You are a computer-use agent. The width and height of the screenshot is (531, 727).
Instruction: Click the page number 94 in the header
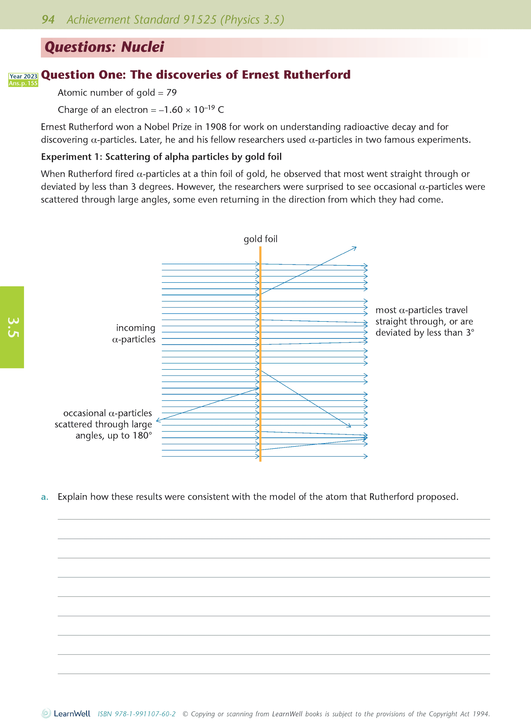pyautogui.click(x=48, y=20)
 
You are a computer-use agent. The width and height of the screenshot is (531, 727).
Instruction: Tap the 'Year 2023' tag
pyautogui.click(x=23, y=76)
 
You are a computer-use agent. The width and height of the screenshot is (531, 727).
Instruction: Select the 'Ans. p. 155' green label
pyautogui.click(x=23, y=83)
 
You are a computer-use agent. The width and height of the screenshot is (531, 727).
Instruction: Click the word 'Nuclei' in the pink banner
pyautogui.click(x=142, y=47)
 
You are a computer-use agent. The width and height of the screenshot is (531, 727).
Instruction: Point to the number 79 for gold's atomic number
pyautogui.click(x=171, y=92)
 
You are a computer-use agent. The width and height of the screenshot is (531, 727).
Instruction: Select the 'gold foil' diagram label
pyautogui.click(x=260, y=239)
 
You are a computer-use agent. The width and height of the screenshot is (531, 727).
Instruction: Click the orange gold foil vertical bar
pyautogui.click(x=260, y=353)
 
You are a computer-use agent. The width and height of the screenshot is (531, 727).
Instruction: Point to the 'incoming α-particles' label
pyautogui.click(x=134, y=334)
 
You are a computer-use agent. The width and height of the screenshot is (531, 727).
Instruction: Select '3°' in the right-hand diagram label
pyautogui.click(x=470, y=332)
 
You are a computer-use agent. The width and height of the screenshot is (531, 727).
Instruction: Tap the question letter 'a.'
pyautogui.click(x=45, y=497)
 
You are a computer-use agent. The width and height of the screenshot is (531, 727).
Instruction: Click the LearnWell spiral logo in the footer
pyautogui.click(x=46, y=713)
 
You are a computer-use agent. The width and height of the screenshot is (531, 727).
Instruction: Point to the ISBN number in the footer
pyautogui.click(x=137, y=714)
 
